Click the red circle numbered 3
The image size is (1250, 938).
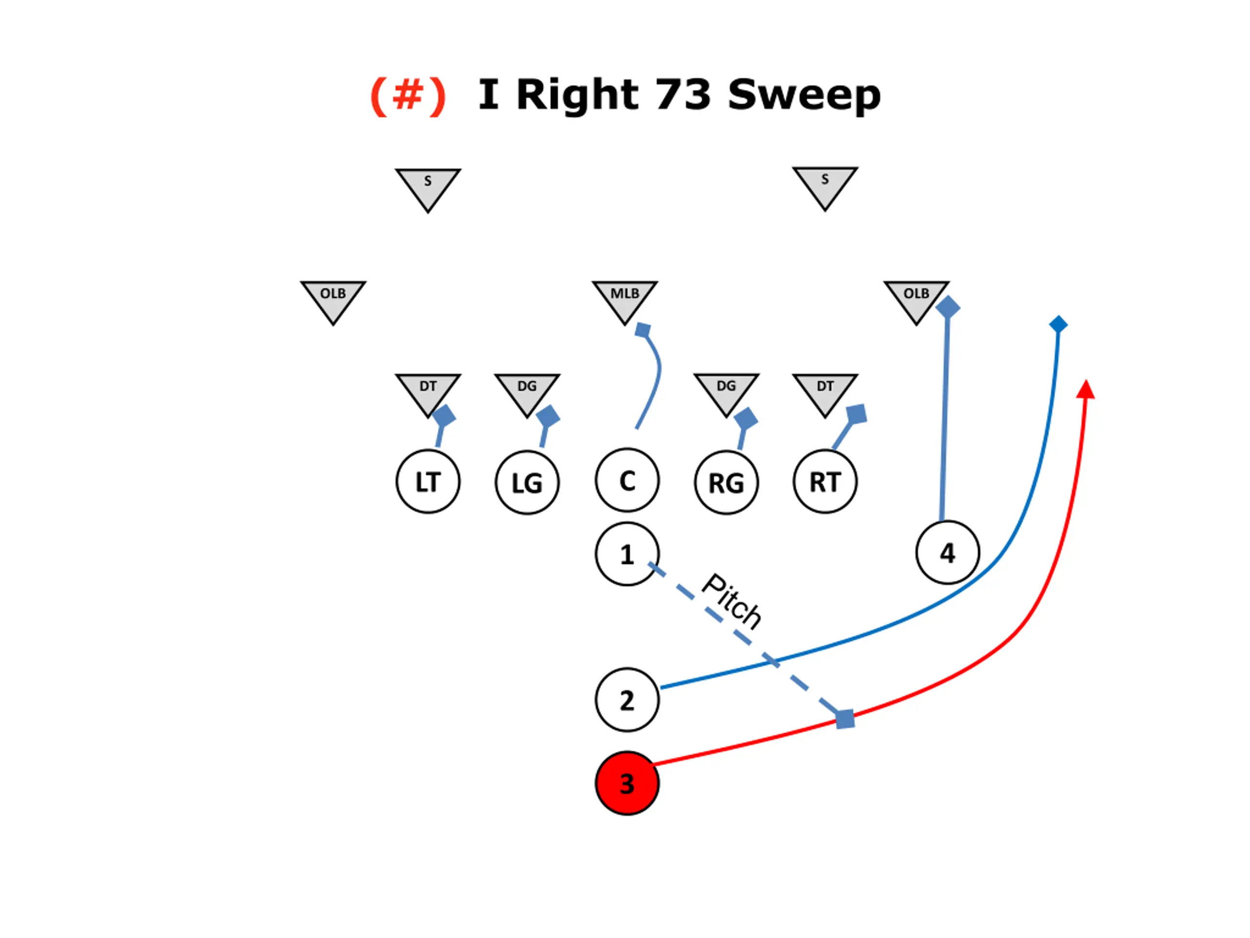626,783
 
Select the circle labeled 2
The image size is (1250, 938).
626,700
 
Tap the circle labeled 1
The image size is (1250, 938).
626,554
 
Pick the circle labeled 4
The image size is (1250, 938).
947,553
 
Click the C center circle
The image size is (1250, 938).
626,481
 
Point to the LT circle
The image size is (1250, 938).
428,482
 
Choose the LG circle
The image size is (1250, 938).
527,483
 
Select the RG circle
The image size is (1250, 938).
726,483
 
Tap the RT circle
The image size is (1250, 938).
825,482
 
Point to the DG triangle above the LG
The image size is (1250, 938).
527,391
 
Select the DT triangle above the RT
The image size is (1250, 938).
825,391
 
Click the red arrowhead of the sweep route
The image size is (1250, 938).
1085,390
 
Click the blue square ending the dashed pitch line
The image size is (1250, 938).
845,719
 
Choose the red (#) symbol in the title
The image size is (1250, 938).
408,95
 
